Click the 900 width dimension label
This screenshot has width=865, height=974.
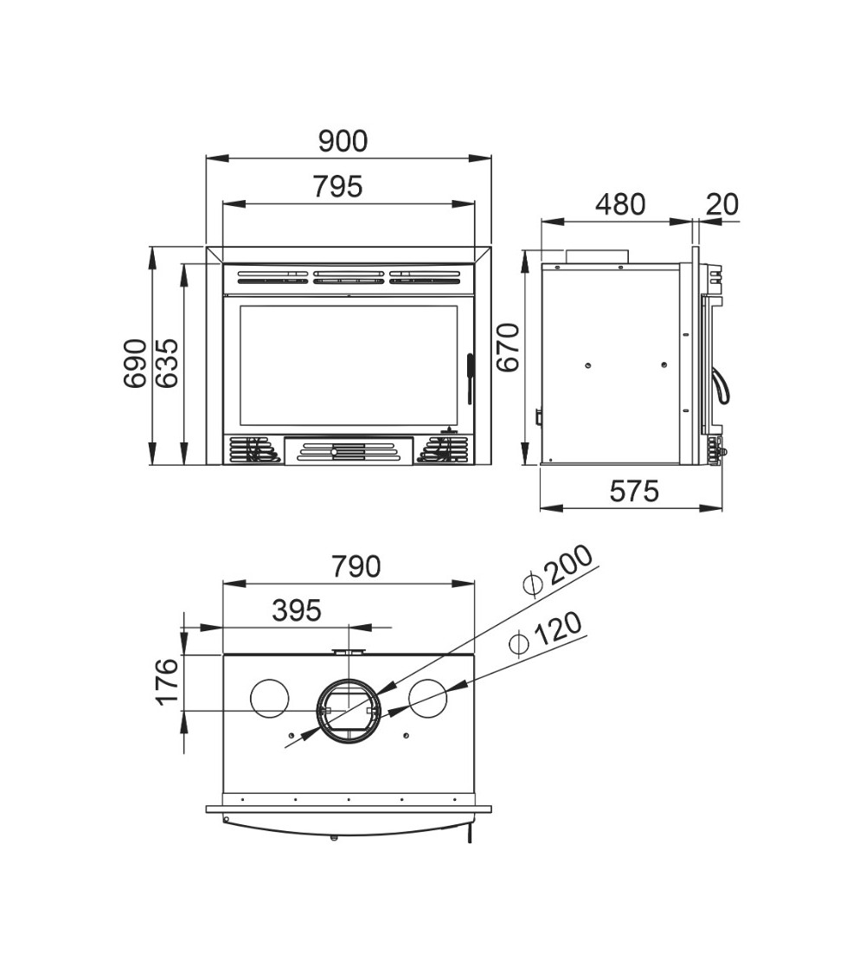(343, 142)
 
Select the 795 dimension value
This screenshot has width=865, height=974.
(337, 187)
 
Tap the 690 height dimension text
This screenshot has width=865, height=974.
(135, 364)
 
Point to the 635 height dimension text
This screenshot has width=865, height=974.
(166, 364)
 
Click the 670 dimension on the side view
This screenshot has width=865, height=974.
(509, 348)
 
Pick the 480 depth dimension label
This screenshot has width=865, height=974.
(620, 204)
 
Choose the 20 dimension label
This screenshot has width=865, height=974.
(723, 204)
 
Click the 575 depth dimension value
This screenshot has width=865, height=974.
(634, 492)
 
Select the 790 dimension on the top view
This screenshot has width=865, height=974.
(356, 566)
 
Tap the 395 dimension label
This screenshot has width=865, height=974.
(297, 610)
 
